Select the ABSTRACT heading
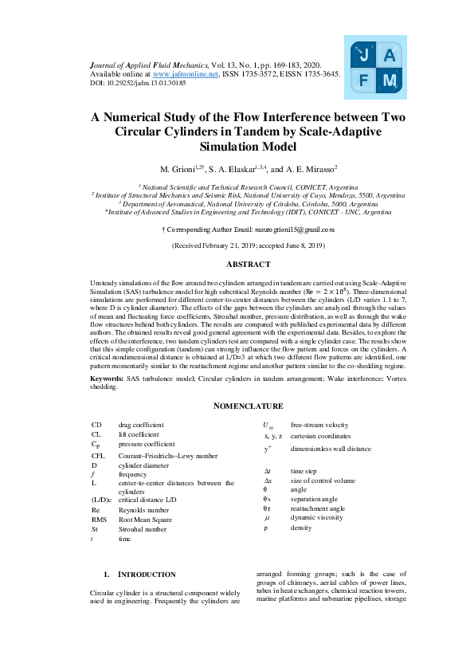click(248, 264)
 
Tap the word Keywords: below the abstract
click(106, 377)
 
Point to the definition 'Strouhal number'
click(143, 528)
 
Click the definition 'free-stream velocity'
click(319, 425)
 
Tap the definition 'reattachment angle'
click(317, 508)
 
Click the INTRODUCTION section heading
click(147, 574)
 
